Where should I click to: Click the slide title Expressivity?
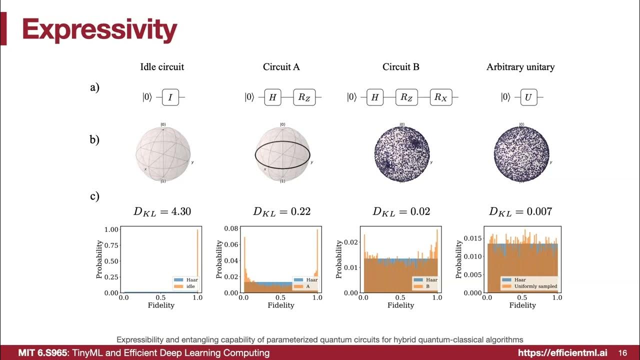click(99, 30)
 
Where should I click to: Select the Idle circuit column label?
click(162, 66)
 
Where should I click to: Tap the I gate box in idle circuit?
click(170, 97)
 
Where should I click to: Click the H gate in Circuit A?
click(272, 97)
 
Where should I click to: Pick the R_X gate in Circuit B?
click(440, 97)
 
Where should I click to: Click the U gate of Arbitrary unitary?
click(528, 97)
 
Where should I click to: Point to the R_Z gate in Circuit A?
click(304, 97)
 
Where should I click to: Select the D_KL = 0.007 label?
click(520, 211)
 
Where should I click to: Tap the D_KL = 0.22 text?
click(281, 211)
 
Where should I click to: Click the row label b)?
click(94, 139)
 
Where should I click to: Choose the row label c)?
click(94, 196)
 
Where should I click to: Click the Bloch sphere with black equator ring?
click(282, 154)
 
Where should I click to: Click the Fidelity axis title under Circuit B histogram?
click(401, 305)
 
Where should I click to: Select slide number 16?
click(623, 353)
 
